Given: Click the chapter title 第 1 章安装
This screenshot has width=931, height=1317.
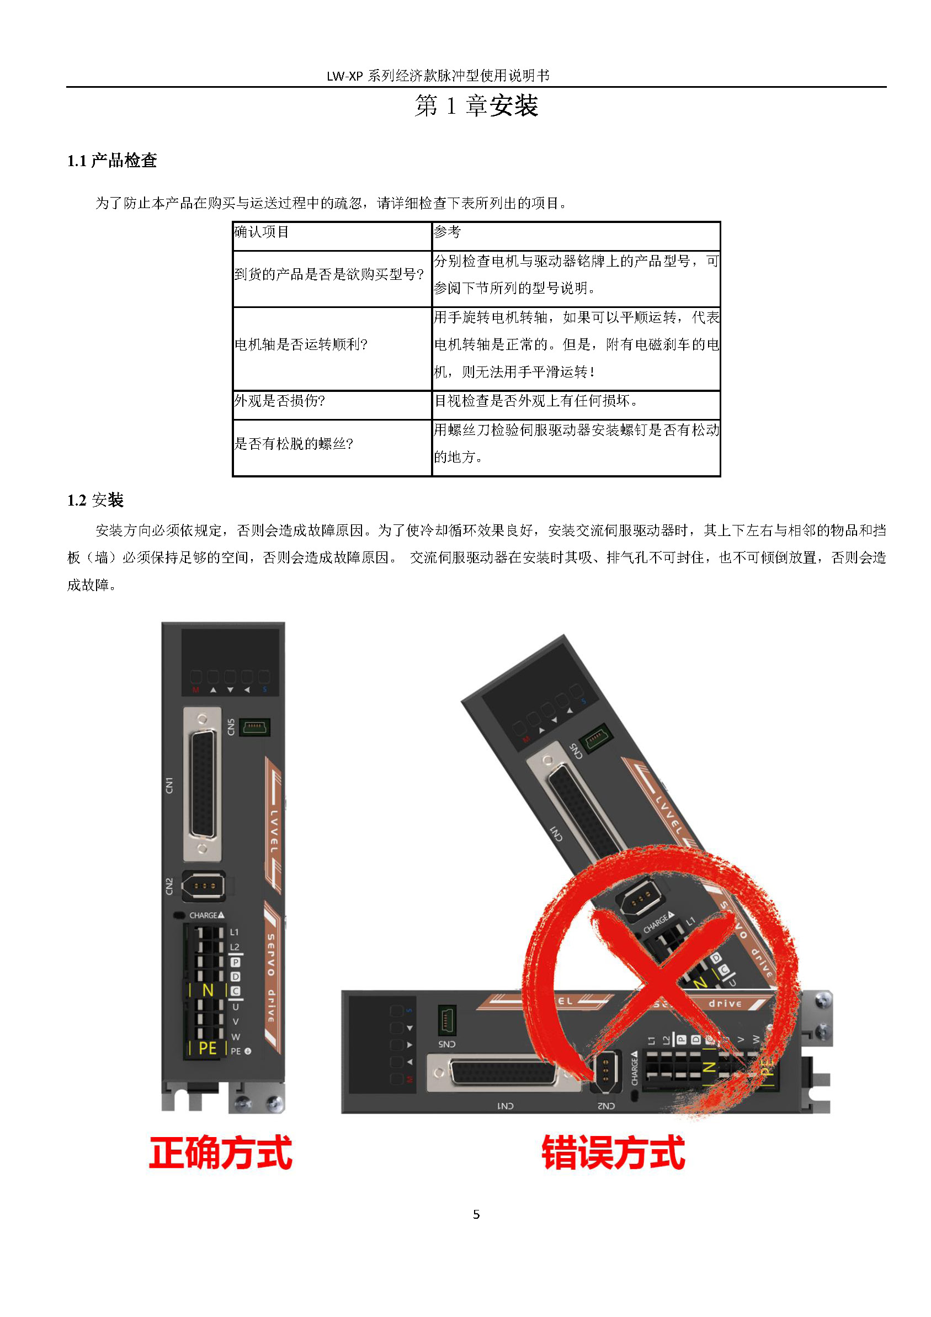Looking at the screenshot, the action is tap(476, 105).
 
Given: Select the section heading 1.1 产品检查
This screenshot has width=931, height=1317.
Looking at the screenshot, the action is tap(112, 161).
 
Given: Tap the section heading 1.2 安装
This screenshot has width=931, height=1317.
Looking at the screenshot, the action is tap(95, 500).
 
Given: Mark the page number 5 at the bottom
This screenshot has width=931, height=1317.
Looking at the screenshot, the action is tap(476, 1214).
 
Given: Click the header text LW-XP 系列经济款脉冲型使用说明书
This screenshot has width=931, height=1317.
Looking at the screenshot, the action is tap(438, 76).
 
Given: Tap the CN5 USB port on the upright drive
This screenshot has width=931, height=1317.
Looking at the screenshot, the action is tap(254, 728).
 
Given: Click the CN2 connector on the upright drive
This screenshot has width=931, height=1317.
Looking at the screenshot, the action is tap(204, 886).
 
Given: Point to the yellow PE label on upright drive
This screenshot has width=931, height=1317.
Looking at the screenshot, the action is tap(207, 1049).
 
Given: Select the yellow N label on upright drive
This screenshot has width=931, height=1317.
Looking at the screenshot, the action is tap(208, 991).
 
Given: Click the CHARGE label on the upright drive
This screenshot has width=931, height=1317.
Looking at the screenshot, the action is tap(206, 916).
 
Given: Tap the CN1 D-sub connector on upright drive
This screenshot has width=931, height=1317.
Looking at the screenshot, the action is tap(203, 784).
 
